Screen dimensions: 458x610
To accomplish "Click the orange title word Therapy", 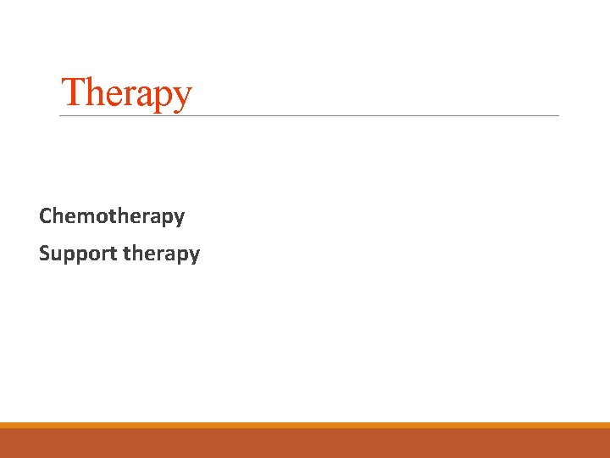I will [127, 92].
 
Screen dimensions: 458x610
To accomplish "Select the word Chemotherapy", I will [112, 216].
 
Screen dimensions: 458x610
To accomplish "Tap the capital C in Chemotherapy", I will [46, 216].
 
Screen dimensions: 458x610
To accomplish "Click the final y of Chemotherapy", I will [179, 219].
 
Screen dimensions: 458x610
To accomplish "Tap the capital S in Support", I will [44, 253].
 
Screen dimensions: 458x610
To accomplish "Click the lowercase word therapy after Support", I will [161, 254].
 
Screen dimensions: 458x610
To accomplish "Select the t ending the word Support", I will [113, 253].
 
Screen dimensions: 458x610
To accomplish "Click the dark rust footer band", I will [305, 444].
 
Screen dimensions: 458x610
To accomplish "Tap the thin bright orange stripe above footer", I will [305, 425].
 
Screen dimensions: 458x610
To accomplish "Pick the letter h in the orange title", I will [93, 91].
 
